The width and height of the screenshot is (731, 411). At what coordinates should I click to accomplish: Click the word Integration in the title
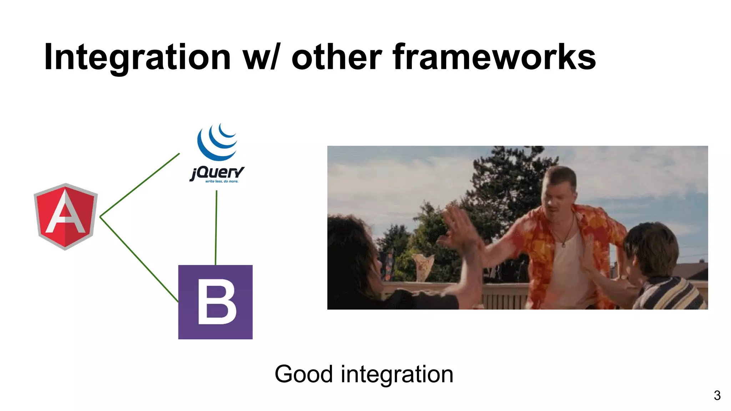tap(137, 57)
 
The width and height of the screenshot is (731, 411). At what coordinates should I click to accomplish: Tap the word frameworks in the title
tap(494, 57)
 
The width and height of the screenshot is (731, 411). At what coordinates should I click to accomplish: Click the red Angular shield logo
tap(66, 217)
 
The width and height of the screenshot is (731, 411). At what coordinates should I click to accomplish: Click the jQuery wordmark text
tap(217, 173)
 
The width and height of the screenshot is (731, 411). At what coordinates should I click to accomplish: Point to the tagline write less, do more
tap(221, 182)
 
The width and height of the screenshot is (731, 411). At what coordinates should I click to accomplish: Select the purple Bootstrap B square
tap(215, 302)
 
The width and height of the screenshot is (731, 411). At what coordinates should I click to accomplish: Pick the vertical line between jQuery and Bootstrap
tap(216, 228)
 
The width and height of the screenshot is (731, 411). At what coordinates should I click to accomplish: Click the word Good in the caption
tap(303, 374)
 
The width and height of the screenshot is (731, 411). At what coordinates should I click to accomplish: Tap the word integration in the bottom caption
tap(397, 374)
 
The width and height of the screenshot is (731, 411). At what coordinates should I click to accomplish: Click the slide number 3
tap(717, 395)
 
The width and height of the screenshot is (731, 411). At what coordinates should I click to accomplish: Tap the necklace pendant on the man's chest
tap(563, 245)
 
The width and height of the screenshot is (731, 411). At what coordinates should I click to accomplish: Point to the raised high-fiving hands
tap(460, 228)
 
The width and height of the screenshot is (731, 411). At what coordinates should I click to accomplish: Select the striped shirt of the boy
tap(671, 294)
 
